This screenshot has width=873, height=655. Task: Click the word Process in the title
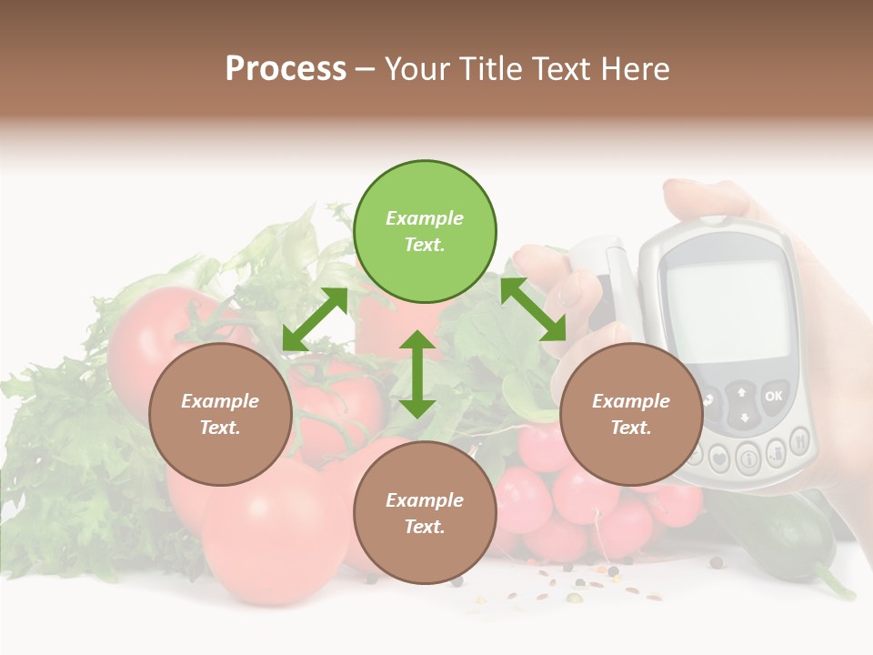pyautogui.click(x=286, y=69)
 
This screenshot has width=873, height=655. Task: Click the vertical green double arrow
pyautogui.click(x=417, y=374)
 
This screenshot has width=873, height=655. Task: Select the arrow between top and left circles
pyautogui.click(x=315, y=318)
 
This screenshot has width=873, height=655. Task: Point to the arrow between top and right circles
pyautogui.click(x=533, y=309)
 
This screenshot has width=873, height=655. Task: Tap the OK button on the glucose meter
pyautogui.click(x=773, y=397)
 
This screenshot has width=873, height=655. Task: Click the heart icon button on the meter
pyautogui.click(x=719, y=457)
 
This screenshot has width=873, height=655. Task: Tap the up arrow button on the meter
pyautogui.click(x=742, y=392)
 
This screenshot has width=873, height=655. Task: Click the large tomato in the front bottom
pyautogui.click(x=273, y=537)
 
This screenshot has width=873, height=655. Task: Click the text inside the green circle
pyautogui.click(x=425, y=231)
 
